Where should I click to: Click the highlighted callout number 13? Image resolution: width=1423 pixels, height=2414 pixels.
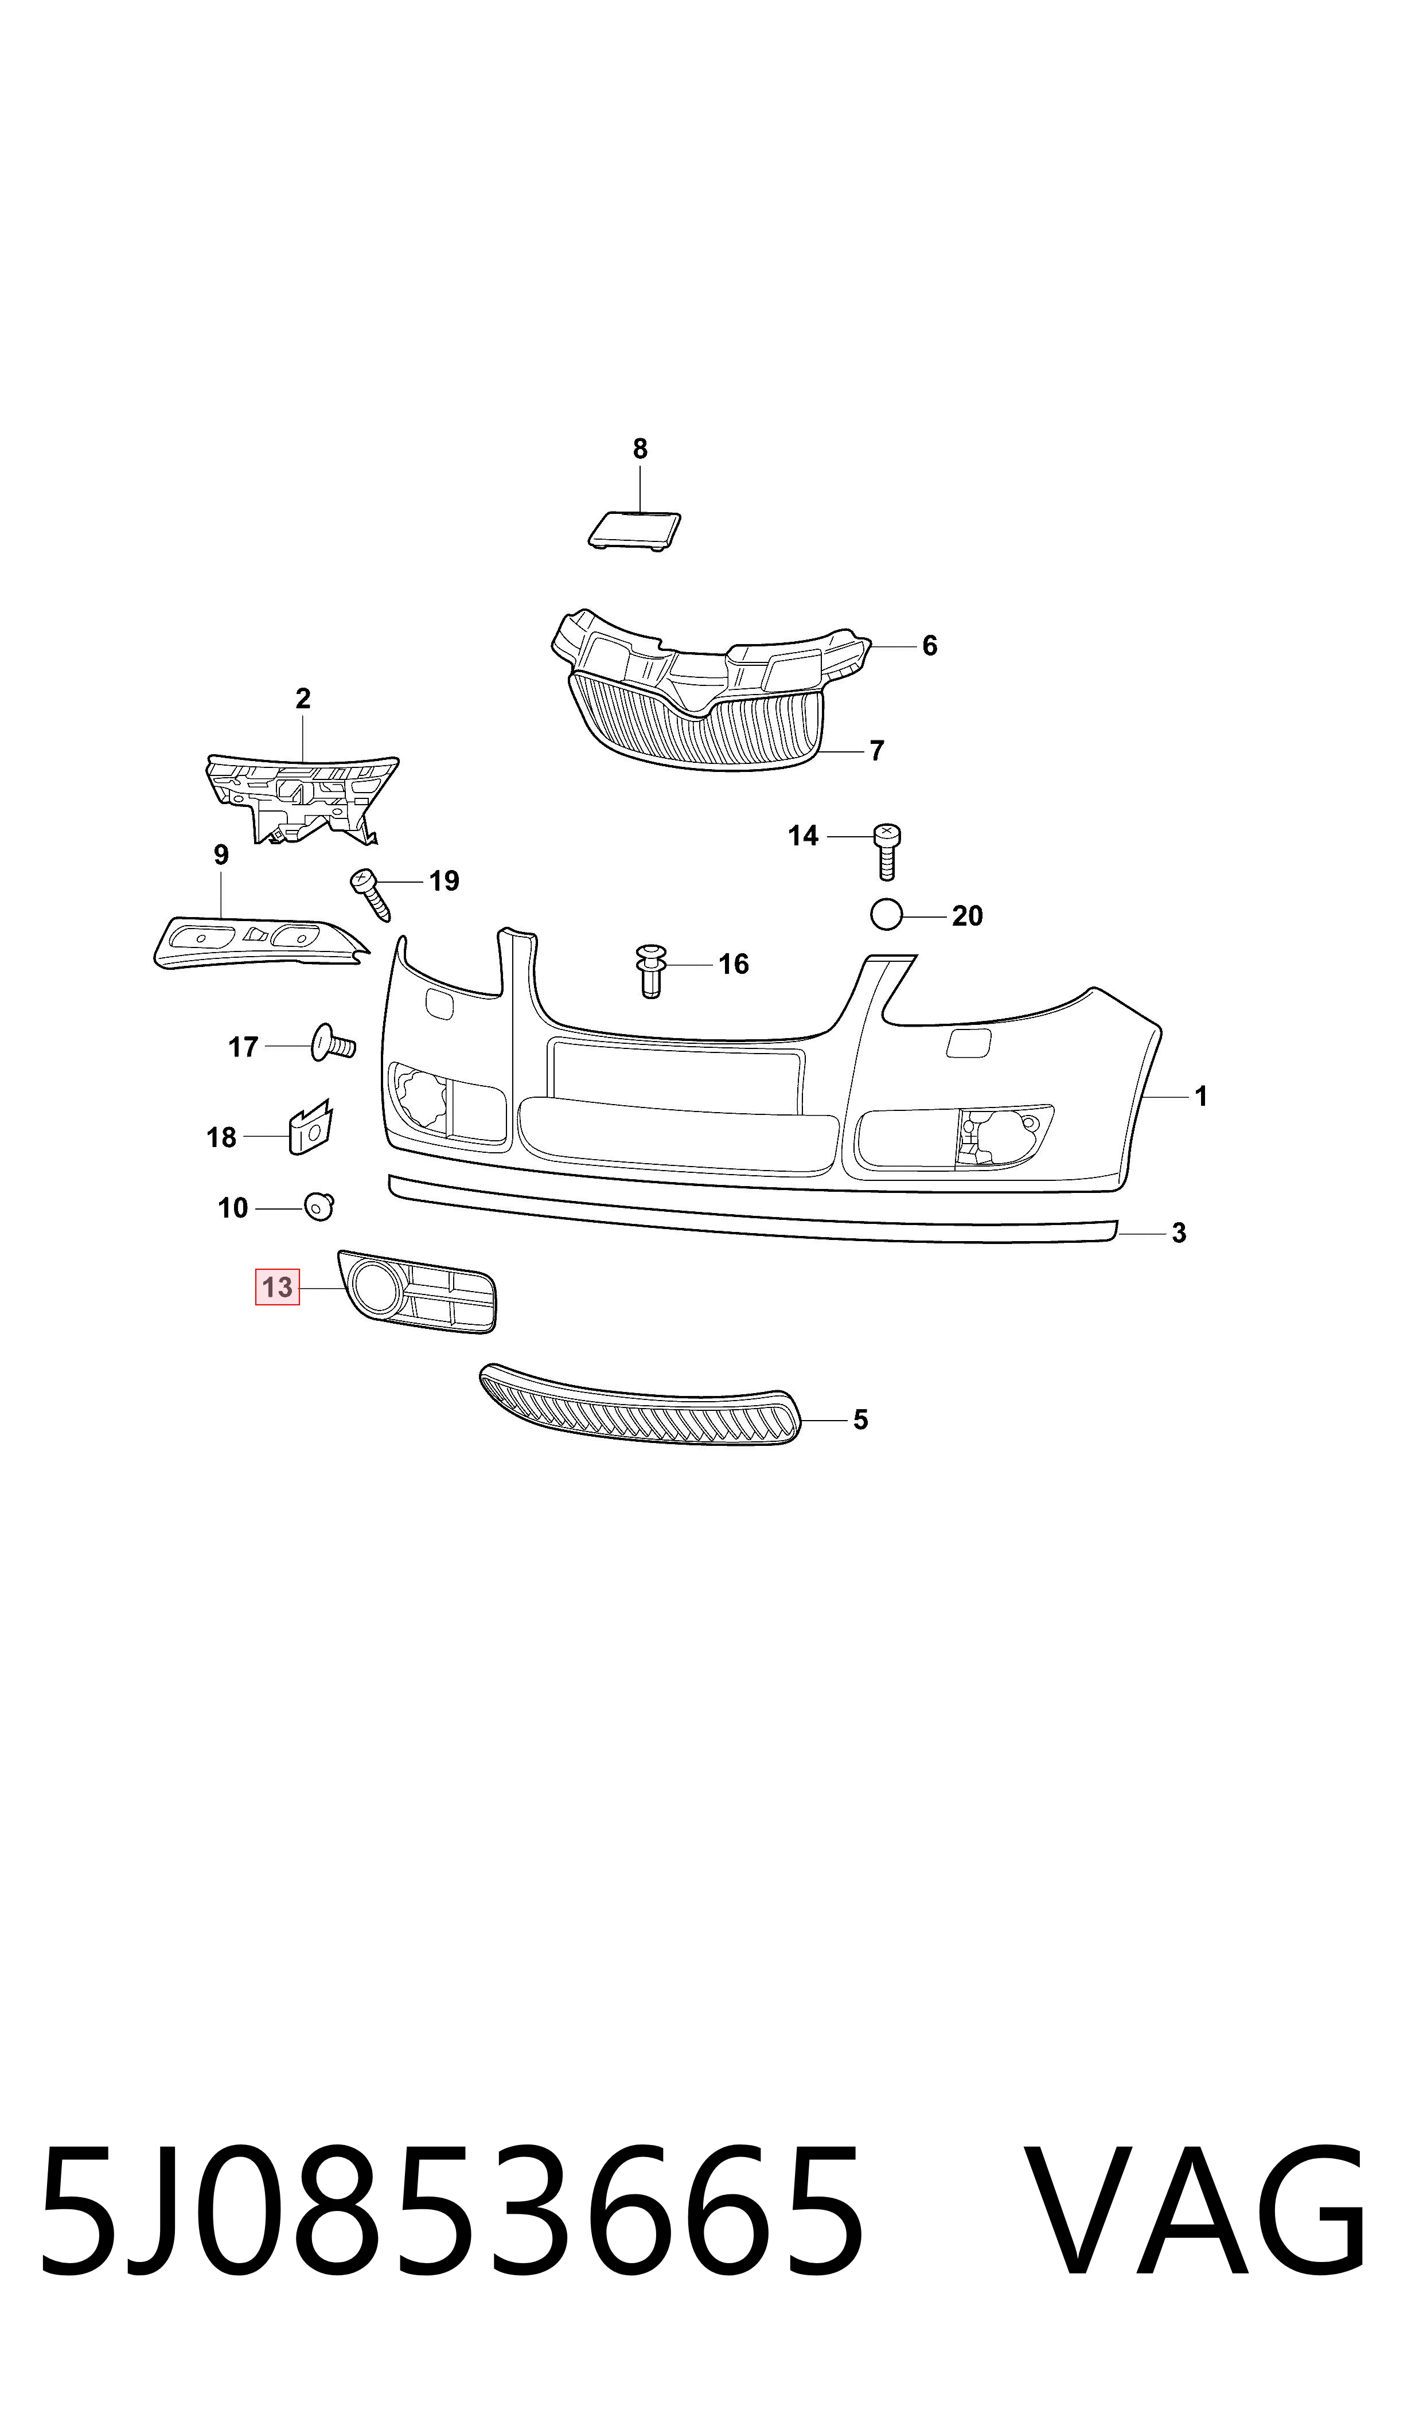click(x=277, y=1286)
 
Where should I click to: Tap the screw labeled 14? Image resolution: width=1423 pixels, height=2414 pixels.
click(x=887, y=851)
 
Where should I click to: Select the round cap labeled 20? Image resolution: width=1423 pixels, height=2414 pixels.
click(x=887, y=915)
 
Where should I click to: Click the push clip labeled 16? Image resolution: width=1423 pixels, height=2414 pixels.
click(x=651, y=970)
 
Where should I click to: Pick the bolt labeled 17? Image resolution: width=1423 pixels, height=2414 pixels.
click(x=332, y=1044)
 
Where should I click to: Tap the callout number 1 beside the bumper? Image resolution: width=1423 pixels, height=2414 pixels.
click(x=1200, y=1096)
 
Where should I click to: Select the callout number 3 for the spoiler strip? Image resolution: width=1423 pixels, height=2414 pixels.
click(x=1179, y=1233)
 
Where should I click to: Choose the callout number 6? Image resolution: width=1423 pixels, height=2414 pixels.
click(x=929, y=645)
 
